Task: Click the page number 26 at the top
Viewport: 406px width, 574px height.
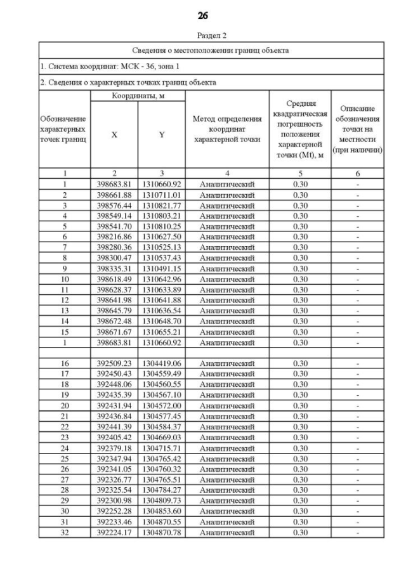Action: pos(203,15)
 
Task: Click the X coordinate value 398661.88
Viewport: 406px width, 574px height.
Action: pos(114,195)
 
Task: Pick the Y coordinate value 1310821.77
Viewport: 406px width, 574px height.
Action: pos(162,205)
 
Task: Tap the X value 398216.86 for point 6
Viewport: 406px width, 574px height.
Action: pos(114,237)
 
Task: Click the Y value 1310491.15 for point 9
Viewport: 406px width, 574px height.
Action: pos(162,268)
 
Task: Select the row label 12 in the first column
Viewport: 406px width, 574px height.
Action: pos(64,299)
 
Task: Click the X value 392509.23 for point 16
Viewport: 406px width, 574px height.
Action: pos(114,363)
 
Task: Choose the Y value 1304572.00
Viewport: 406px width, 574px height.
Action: pos(162,405)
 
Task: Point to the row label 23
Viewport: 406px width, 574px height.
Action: pos(64,437)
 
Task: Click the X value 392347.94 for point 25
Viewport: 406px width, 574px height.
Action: pos(114,458)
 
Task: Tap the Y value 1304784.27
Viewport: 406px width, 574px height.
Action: pos(162,490)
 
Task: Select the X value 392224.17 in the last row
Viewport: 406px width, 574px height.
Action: pos(114,532)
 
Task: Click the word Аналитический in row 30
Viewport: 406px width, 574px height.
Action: pos(226,511)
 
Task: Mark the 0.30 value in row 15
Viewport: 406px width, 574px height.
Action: pos(300,331)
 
